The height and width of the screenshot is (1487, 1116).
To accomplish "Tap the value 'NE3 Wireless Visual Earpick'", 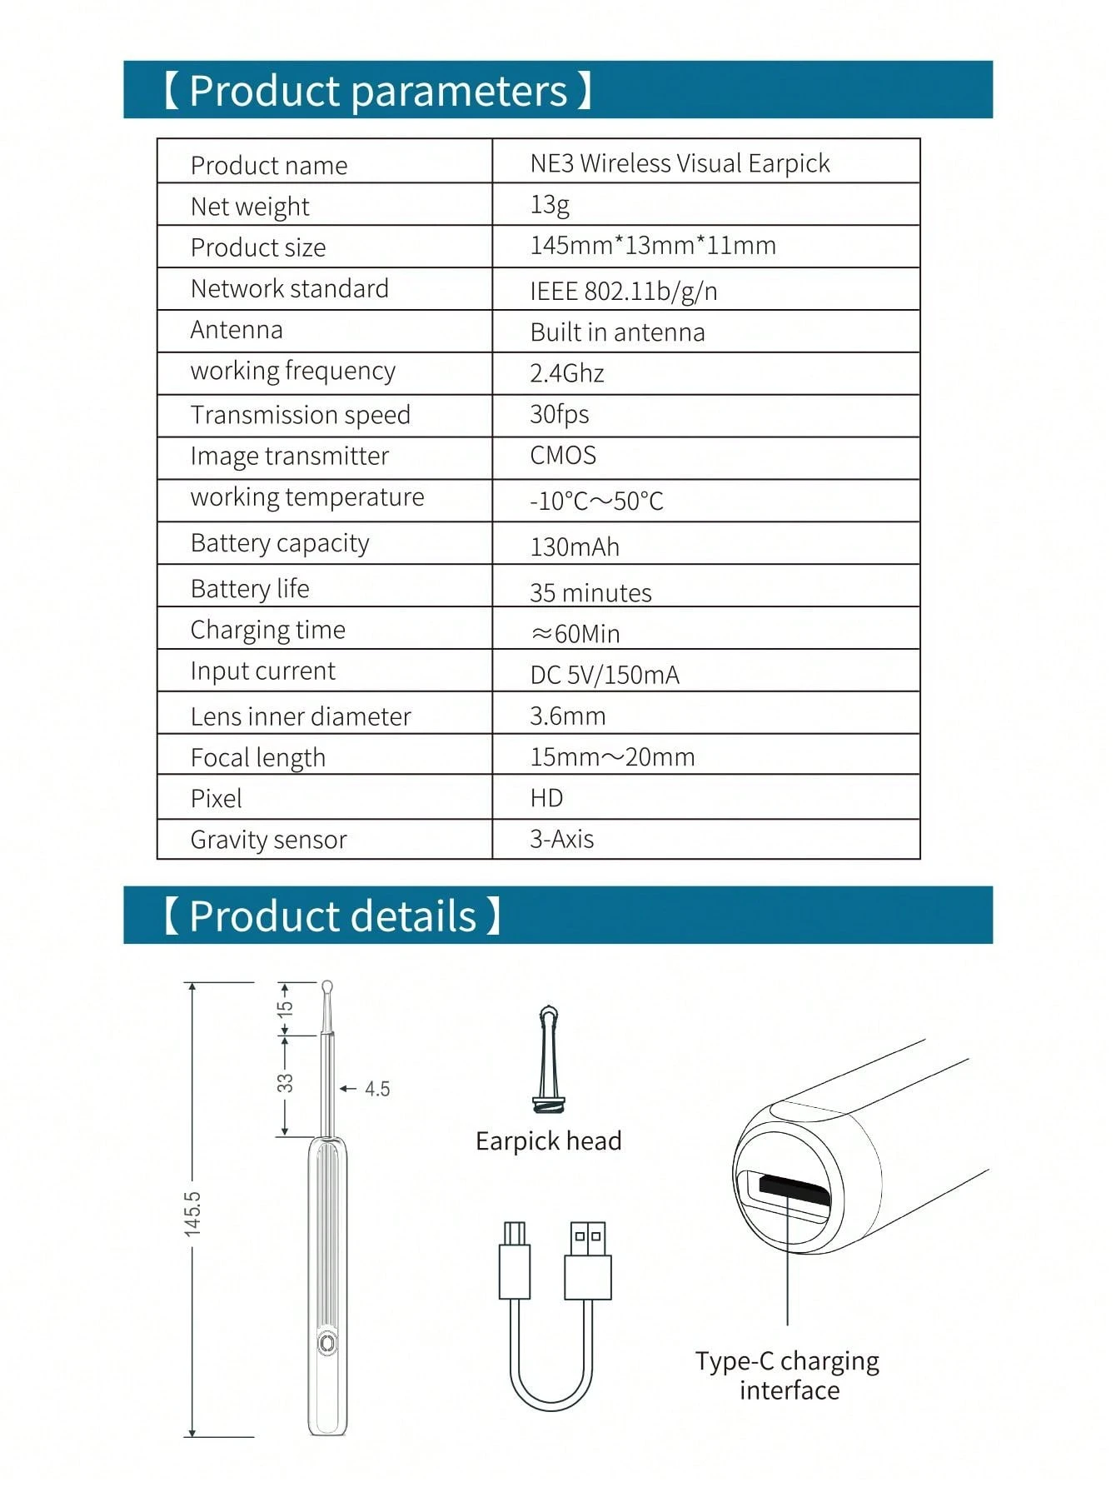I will pyautogui.click(x=680, y=163).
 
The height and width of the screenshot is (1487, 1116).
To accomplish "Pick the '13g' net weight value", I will pyautogui.click(x=550, y=204).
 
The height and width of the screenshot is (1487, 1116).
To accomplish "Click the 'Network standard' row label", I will pyautogui.click(x=289, y=288).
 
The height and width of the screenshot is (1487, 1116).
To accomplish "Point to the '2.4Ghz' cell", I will pyautogui.click(x=566, y=373).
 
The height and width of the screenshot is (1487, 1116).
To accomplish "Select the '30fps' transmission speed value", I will pyautogui.click(x=559, y=414).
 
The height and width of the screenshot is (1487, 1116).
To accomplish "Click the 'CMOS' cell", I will pyautogui.click(x=563, y=456).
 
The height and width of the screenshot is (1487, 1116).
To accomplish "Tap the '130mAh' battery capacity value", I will pyautogui.click(x=575, y=546).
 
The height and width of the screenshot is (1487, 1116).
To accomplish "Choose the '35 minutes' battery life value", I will pyautogui.click(x=590, y=592).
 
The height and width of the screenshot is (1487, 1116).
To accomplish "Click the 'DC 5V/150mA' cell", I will pyautogui.click(x=605, y=675).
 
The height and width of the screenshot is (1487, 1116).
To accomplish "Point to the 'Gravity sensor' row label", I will pyautogui.click(x=268, y=840).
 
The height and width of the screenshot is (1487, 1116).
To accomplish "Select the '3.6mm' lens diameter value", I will pyautogui.click(x=567, y=716).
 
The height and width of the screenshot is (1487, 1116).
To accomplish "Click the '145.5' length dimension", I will pyautogui.click(x=192, y=1213).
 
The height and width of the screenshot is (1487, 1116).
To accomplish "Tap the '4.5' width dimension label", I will pyautogui.click(x=376, y=1089).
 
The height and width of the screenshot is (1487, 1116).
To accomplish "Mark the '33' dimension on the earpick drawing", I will pyautogui.click(x=285, y=1083).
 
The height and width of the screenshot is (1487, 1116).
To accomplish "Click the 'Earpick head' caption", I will pyautogui.click(x=548, y=1140).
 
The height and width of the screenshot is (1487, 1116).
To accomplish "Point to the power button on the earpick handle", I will pyautogui.click(x=326, y=1343).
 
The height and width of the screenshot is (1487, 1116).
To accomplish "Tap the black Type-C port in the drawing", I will pyautogui.click(x=794, y=1190).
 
